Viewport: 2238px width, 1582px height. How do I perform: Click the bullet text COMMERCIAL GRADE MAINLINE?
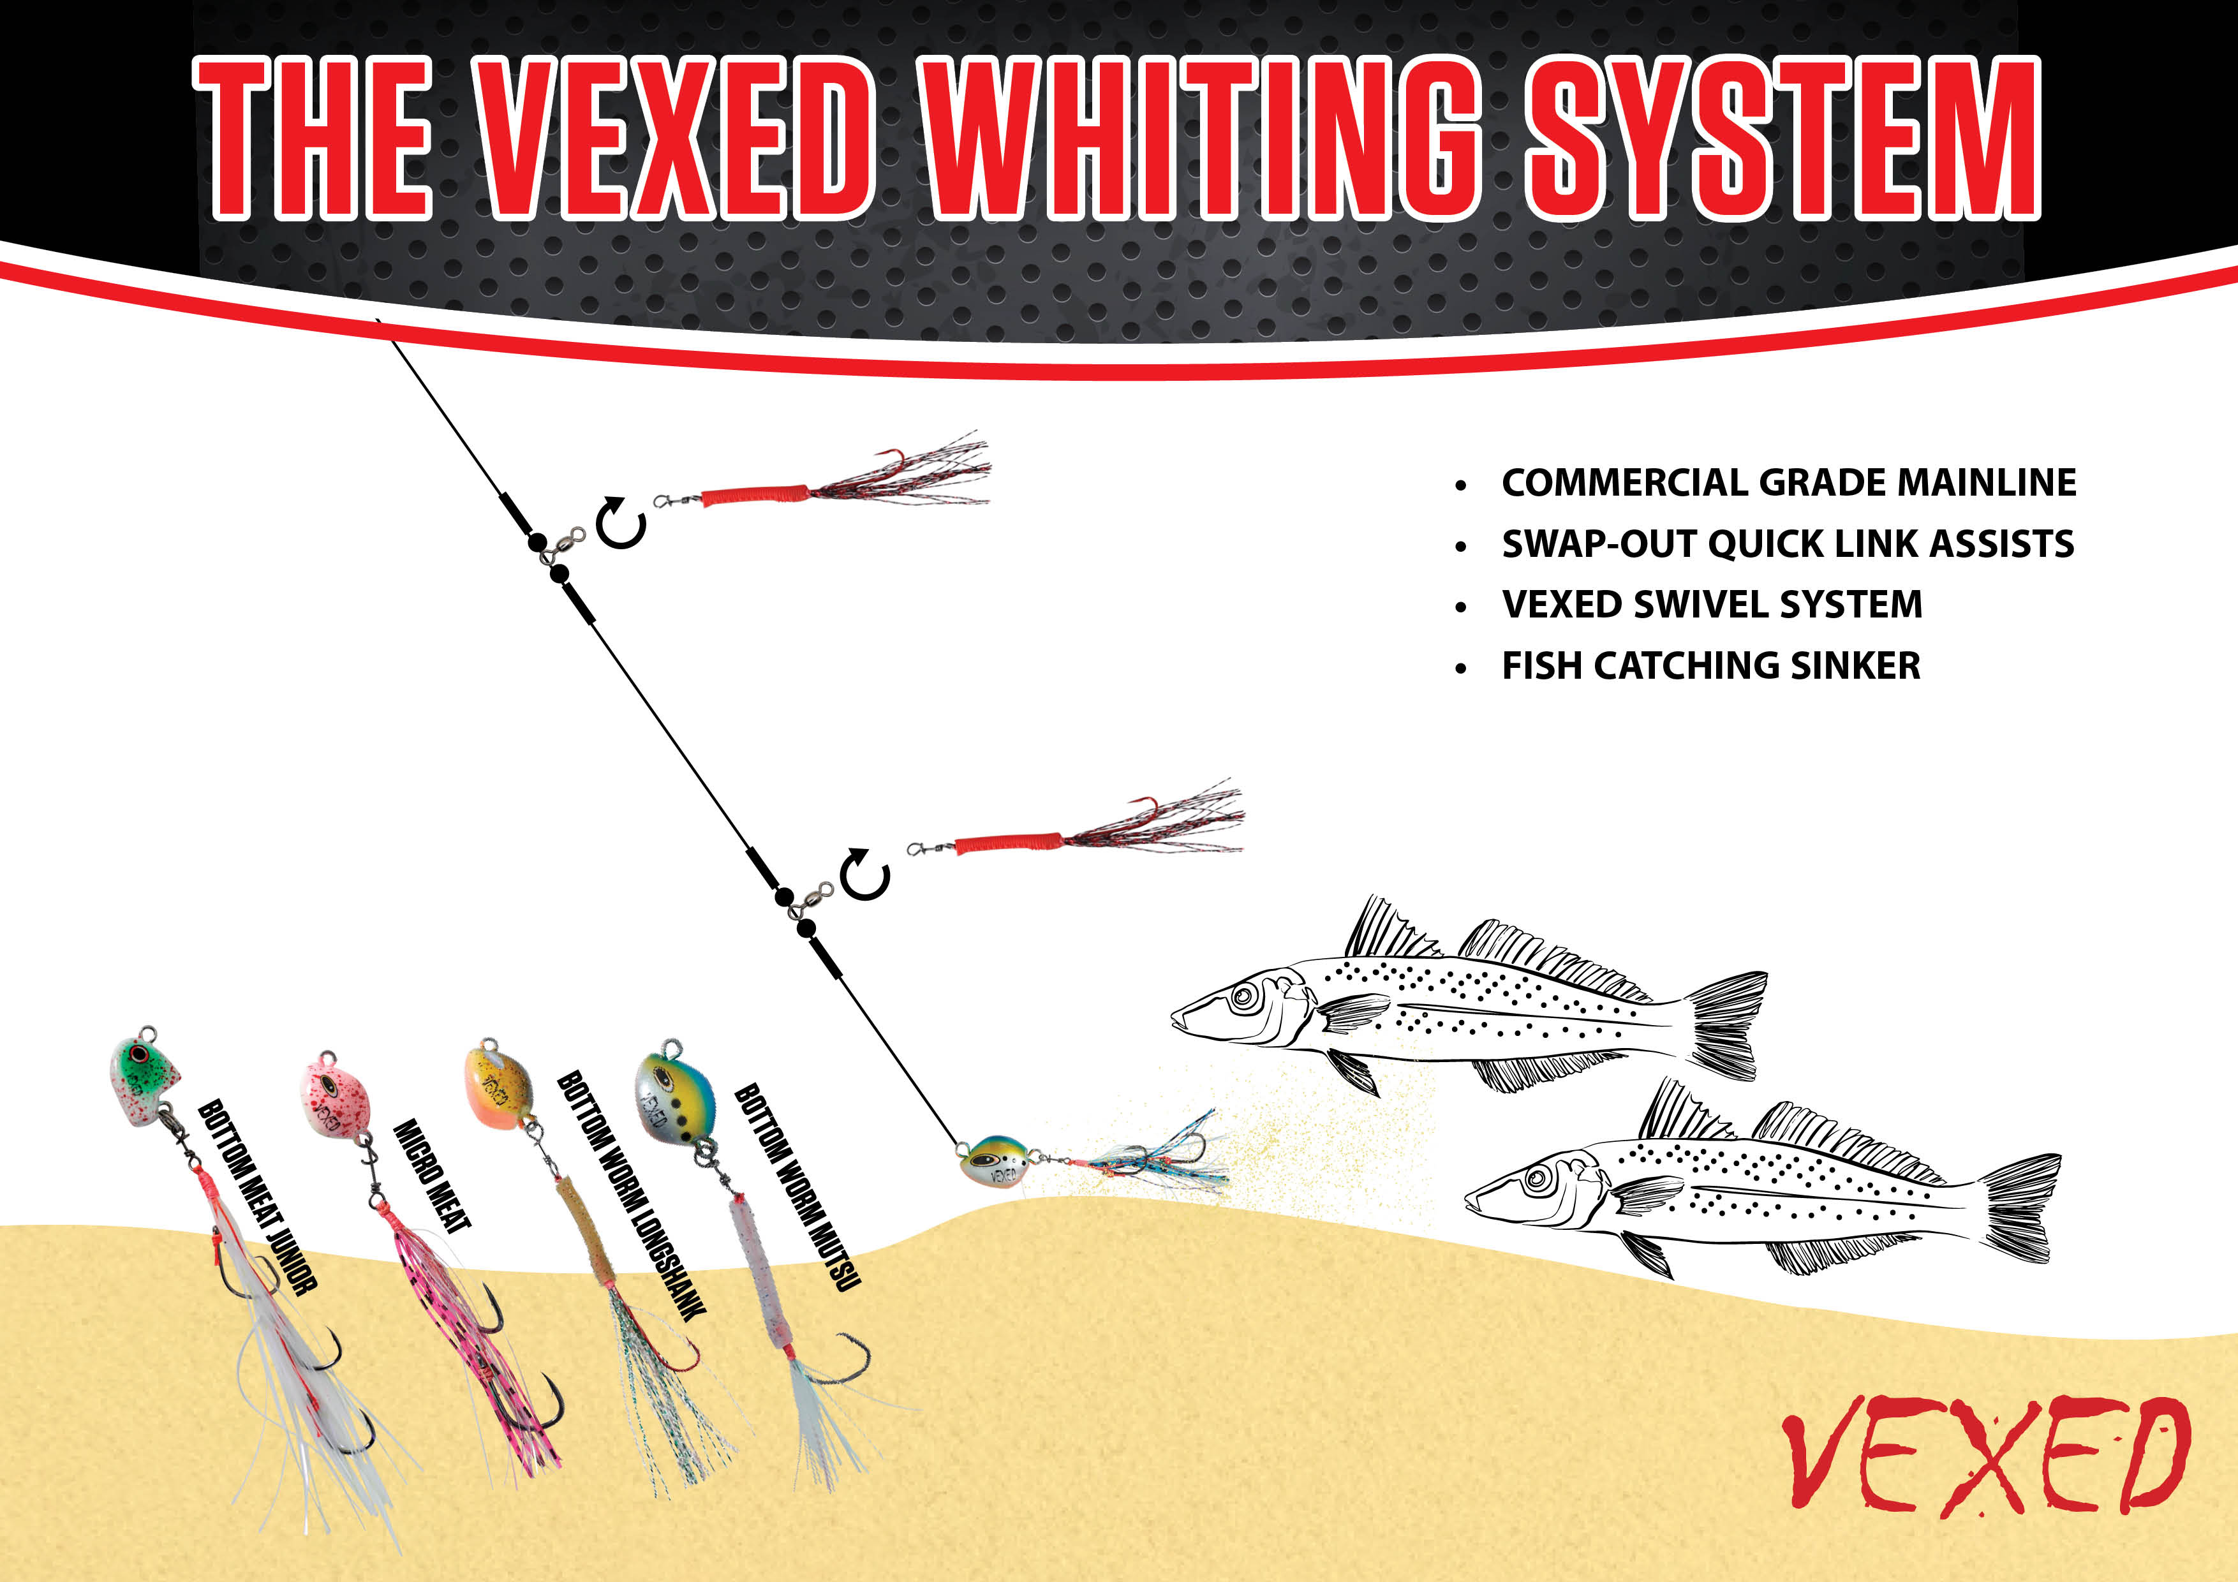1789,482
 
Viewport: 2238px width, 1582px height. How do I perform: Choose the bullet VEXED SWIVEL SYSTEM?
1712,604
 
